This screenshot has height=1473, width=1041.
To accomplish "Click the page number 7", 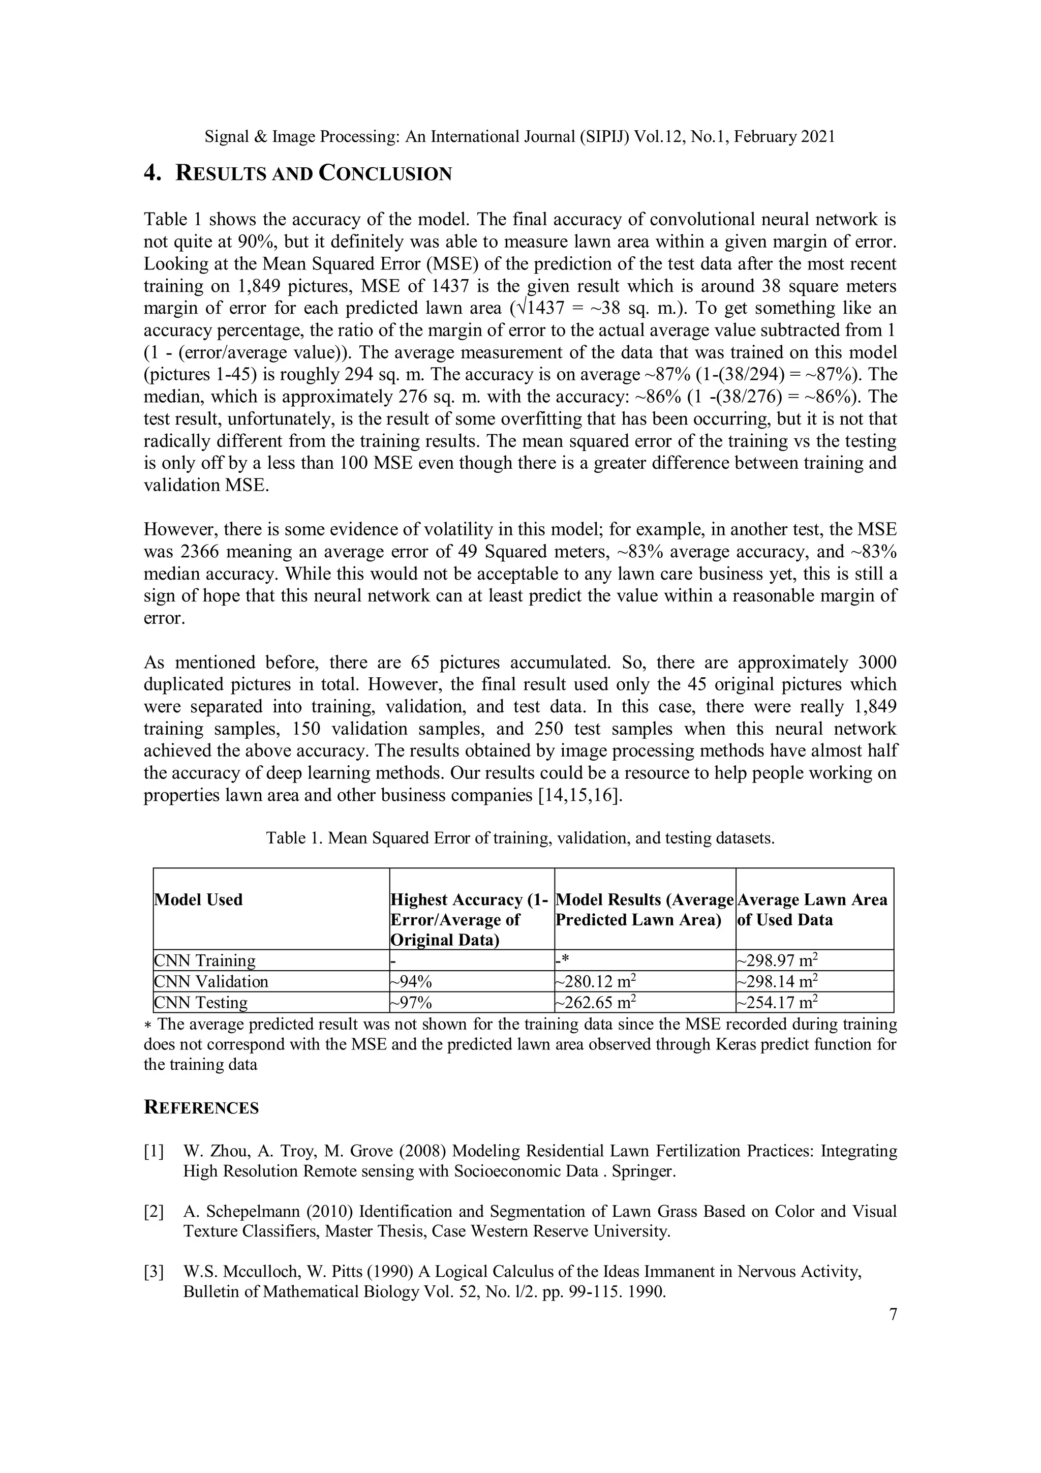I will click(893, 1314).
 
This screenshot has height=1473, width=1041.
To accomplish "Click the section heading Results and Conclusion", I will click(298, 173).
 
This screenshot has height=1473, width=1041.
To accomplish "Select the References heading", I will click(201, 1107).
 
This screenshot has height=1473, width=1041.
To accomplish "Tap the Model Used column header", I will click(198, 899).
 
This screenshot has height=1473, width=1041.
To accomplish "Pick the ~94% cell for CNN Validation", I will click(411, 981).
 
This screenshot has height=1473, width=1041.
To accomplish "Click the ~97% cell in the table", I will click(411, 1003).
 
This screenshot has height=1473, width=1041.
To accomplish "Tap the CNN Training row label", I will click(205, 960).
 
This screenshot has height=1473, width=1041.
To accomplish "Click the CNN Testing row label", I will click(201, 1003).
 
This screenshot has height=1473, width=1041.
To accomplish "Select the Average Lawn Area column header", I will click(812, 909).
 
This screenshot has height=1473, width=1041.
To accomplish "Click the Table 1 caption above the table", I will click(520, 838).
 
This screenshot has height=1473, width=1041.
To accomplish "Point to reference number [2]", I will click(154, 1212).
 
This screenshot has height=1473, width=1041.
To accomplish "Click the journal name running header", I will click(520, 137).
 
